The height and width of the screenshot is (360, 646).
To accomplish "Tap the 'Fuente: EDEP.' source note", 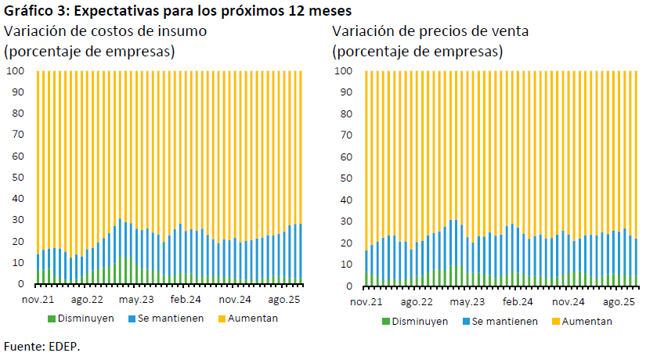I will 42,345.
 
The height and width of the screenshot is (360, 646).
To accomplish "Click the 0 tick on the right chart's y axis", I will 351,286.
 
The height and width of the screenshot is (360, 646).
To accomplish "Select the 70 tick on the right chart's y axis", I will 348,135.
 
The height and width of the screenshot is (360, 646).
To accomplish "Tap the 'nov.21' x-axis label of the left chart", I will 38,300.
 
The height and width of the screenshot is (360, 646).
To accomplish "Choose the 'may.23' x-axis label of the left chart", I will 136,300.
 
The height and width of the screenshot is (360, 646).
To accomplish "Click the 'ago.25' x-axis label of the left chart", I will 284,300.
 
